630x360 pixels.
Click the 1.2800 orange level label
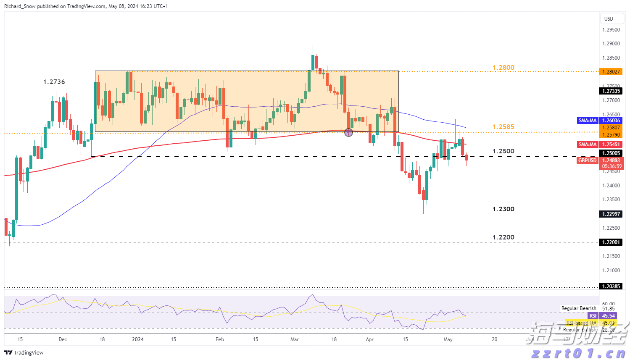503,68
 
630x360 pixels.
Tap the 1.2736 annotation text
54,82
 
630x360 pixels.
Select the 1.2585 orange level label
503,127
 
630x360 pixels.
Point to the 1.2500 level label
503,151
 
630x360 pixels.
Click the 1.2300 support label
503,209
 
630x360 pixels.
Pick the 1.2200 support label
503,237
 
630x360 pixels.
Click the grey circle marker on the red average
348,133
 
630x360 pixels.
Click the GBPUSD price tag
587,160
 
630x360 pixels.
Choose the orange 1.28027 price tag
611,72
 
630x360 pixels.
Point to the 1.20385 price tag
611,286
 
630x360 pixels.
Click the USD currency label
609,19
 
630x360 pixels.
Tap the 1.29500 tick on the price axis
611,30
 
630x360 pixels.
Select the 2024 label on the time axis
138,339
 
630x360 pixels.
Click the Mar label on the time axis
295,339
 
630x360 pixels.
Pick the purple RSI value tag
593,316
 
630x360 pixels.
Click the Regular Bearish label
579,308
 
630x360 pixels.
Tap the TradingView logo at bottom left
24,353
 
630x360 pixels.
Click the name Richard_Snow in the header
20,6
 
